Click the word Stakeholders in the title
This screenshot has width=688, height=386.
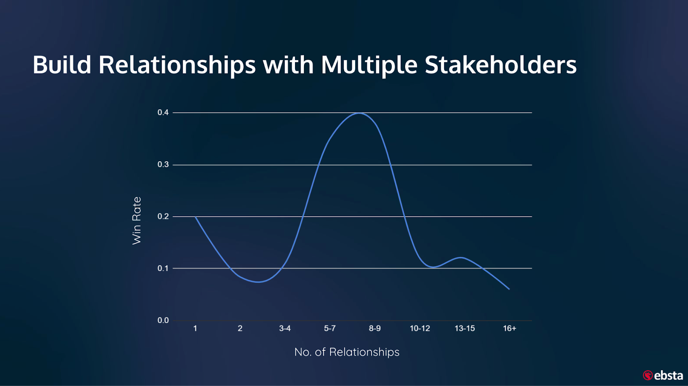pos(501,65)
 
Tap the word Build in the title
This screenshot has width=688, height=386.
pos(62,65)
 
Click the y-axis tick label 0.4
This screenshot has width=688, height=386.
pos(163,112)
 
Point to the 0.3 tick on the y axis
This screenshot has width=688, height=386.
pos(163,165)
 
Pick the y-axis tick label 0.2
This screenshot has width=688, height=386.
pos(163,217)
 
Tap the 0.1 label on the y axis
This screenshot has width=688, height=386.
pos(163,268)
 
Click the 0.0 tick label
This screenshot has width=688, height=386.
pos(163,320)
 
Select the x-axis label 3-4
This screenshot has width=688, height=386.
pos(285,328)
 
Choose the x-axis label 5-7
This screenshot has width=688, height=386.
pos(330,328)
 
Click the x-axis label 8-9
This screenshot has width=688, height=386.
pos(375,328)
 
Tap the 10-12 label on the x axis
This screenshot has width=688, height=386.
pos(420,328)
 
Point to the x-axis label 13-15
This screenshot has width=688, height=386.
pos(465,328)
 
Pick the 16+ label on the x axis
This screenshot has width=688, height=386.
pos(510,328)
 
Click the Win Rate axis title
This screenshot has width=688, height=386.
pos(137,221)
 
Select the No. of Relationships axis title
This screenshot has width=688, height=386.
pos(347,352)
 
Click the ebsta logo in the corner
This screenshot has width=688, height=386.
pos(663,375)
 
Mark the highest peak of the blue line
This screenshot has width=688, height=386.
pos(359,113)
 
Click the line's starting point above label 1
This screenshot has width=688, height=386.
pos(195,217)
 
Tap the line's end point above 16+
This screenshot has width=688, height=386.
pos(509,289)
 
